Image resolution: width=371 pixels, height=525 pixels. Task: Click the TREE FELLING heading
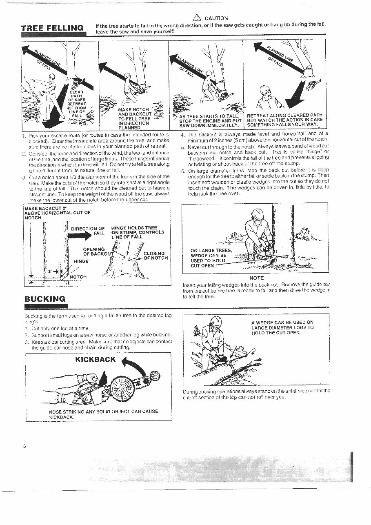pyautogui.click(x=52, y=28)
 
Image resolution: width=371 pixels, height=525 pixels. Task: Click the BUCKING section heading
pyautogui.click(x=45, y=299)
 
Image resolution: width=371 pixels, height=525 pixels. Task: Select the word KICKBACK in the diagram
pyautogui.click(x=96, y=359)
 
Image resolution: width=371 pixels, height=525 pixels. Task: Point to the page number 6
pyautogui.click(x=25, y=446)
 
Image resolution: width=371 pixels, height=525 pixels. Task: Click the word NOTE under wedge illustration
pyautogui.click(x=256, y=278)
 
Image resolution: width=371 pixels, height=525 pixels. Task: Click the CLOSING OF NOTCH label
pyautogui.click(x=154, y=256)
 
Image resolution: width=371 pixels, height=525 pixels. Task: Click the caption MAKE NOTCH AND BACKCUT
pyautogui.click(x=134, y=119)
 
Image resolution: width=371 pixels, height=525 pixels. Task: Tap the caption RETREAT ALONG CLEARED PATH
pyautogui.click(x=285, y=120)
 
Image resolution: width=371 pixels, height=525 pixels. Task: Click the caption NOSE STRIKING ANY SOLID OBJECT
pyautogui.click(x=103, y=414)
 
